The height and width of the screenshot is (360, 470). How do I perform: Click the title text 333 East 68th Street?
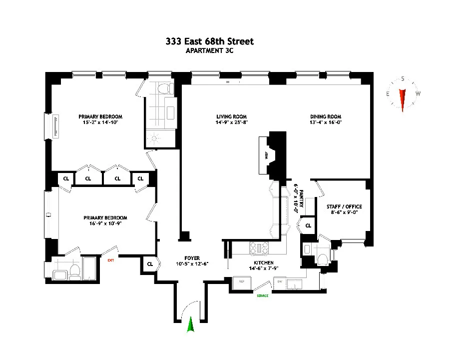tap(210, 41)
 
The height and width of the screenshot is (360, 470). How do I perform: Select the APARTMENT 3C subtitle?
tap(210, 50)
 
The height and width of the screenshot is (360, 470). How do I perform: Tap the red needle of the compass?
tap(403, 98)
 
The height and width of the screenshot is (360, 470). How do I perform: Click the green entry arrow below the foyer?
tap(190, 325)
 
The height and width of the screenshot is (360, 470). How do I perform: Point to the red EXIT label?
tap(110, 259)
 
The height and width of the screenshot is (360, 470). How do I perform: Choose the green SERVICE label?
tap(263, 295)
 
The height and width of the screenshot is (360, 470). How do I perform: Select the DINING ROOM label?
tap(325, 116)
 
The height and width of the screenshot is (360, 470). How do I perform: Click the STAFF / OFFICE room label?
tap(344, 206)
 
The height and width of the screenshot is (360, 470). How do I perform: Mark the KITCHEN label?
tap(263, 263)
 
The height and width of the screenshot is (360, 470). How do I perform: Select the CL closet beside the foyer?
tap(150, 263)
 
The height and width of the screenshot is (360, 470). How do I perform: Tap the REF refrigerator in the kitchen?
tap(242, 282)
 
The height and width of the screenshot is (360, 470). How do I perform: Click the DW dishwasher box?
tap(281, 282)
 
